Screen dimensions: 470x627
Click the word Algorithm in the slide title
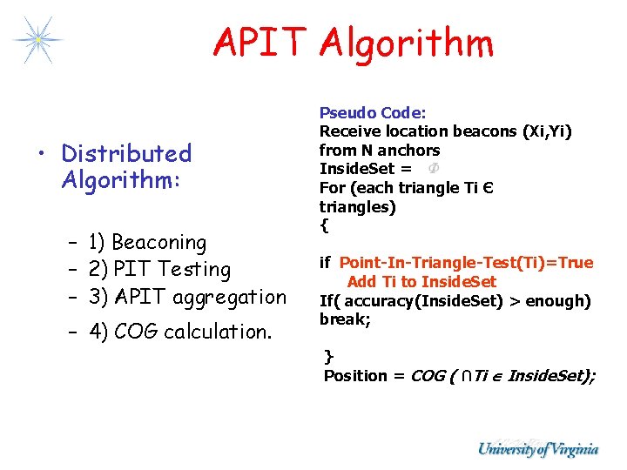406,43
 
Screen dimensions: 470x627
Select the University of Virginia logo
537,449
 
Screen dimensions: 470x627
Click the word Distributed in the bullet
126,154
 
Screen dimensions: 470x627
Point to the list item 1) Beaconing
147,242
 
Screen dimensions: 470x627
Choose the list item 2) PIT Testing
159,270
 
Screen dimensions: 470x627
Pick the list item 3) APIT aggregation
187,297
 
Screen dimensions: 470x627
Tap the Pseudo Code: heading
373,112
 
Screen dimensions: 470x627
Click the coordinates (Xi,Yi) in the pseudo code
546,131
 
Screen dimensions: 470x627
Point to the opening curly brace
324,225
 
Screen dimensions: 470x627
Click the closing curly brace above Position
328,356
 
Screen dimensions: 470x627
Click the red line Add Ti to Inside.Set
421,281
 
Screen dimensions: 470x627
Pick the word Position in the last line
355,376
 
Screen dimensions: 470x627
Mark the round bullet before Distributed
43,155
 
